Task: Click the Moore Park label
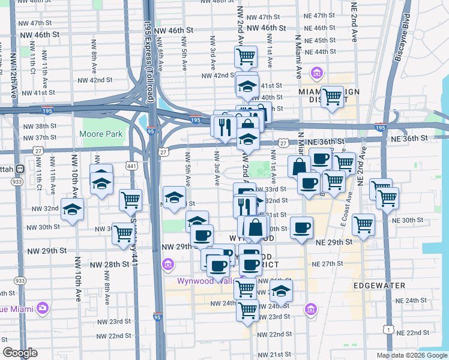click(x=101, y=134)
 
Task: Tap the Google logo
click(x=20, y=353)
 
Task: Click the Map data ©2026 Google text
click(x=411, y=355)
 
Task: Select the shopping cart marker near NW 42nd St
click(x=246, y=57)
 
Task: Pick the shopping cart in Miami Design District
click(x=332, y=96)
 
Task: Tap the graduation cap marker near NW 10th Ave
click(x=73, y=210)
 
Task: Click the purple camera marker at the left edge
click(x=42, y=308)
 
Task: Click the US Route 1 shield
click(x=391, y=331)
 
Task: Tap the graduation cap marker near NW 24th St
click(x=280, y=292)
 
